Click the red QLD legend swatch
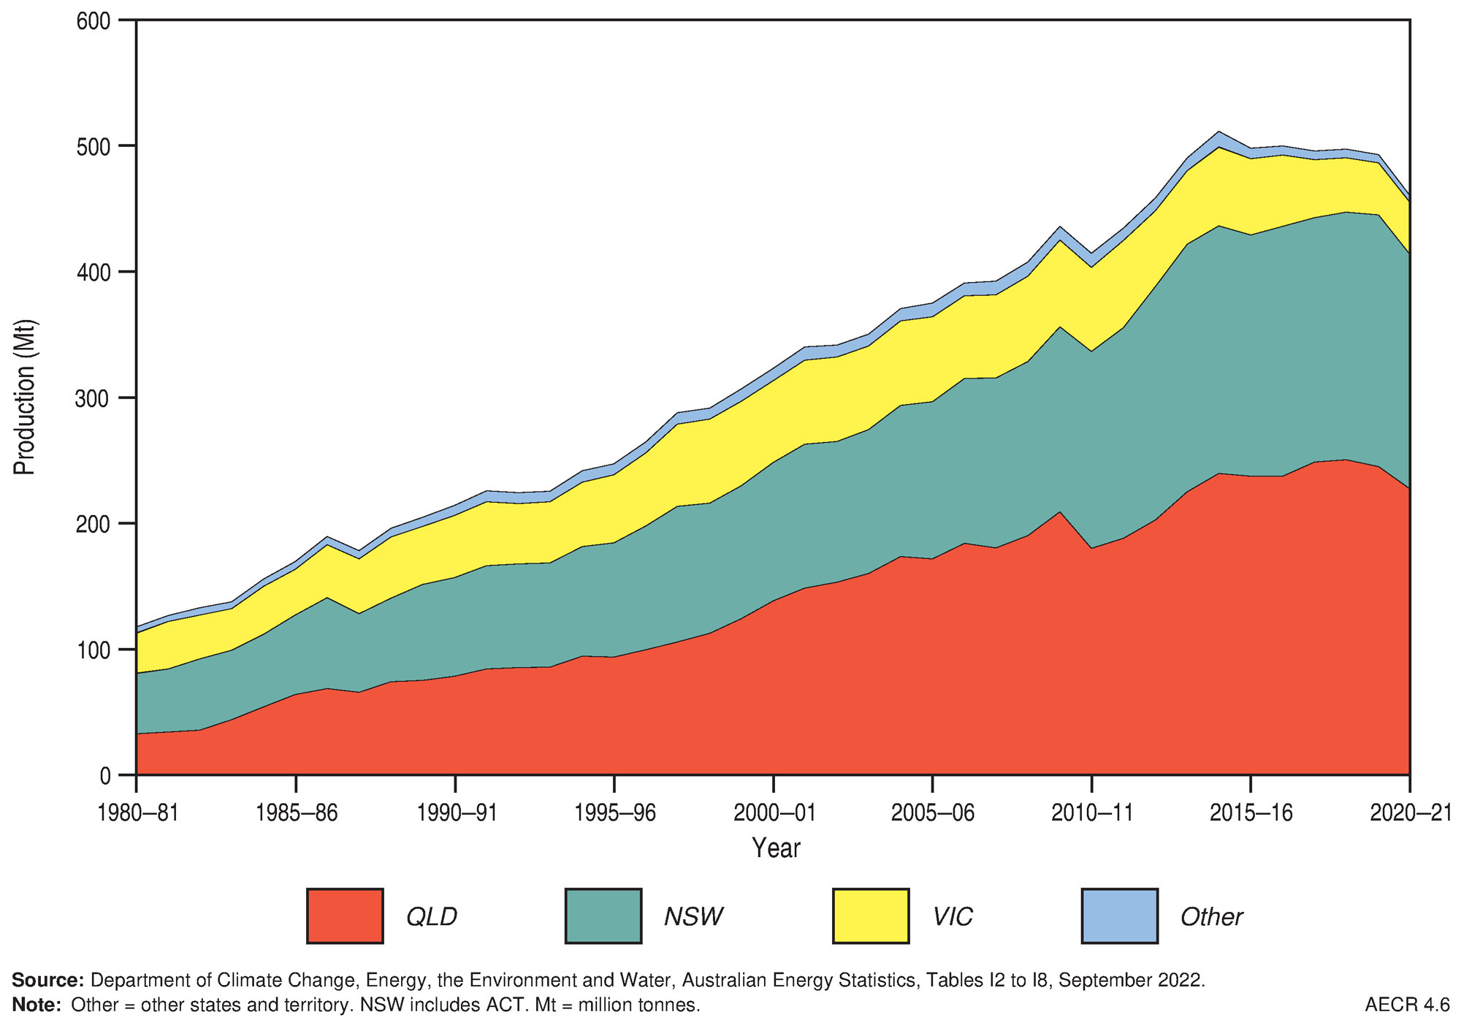coord(345,916)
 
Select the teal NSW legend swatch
coord(603,916)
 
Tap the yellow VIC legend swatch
coord(871,916)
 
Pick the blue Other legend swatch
coord(1119,916)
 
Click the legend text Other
coord(1211,916)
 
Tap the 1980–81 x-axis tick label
coord(138,813)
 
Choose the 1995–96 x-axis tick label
coord(615,813)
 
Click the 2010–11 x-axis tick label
coord(1092,813)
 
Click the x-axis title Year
coord(776,848)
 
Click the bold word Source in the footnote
coord(47,980)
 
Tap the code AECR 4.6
coord(1407,1005)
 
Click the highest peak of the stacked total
coord(1218,132)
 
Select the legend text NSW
coord(693,916)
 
